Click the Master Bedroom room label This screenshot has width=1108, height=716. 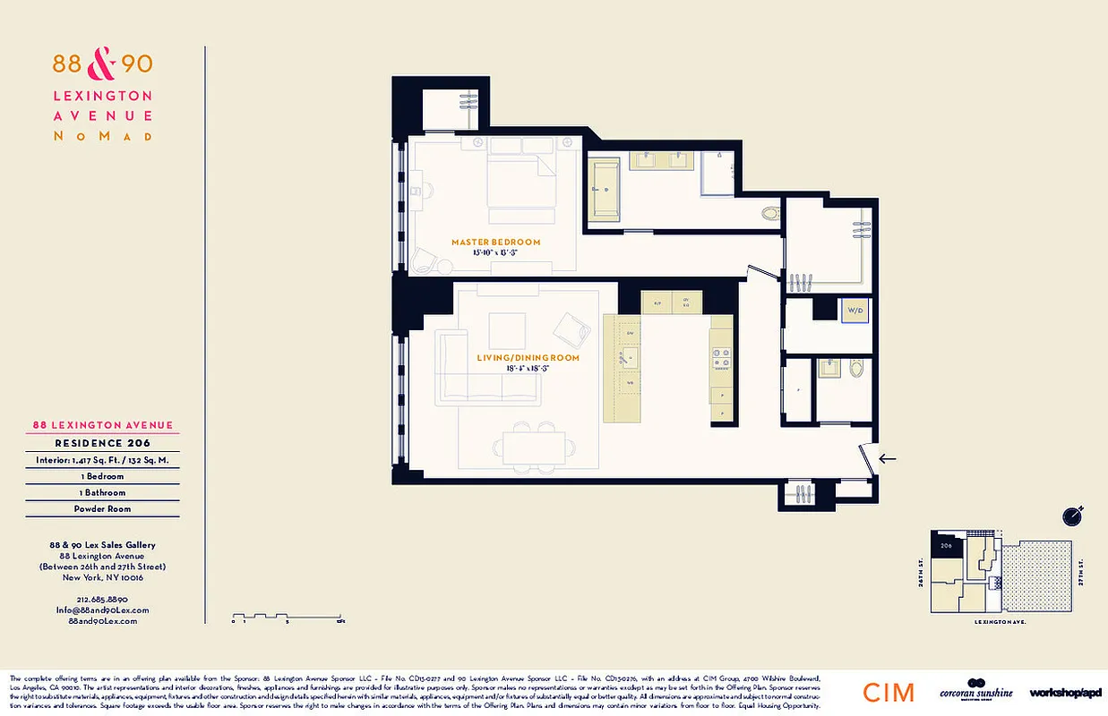tap(495, 242)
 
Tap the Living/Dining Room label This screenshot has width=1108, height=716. tap(522, 358)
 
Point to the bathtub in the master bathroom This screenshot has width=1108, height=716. tap(606, 189)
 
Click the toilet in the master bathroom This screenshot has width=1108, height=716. tap(770, 213)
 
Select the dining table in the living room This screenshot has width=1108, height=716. tap(534, 446)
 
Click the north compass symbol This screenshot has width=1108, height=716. tap(1072, 516)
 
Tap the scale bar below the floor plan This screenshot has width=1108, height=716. tap(288, 616)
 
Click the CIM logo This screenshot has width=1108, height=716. tap(889, 692)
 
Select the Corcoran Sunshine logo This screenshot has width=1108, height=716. tap(975, 691)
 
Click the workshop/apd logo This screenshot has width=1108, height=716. tap(1065, 693)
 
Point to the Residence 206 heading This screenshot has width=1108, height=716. tap(102, 443)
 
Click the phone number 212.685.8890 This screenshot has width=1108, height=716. tap(102, 599)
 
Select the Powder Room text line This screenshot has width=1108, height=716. tap(102, 508)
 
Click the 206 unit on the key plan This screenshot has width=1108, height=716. tap(945, 544)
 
